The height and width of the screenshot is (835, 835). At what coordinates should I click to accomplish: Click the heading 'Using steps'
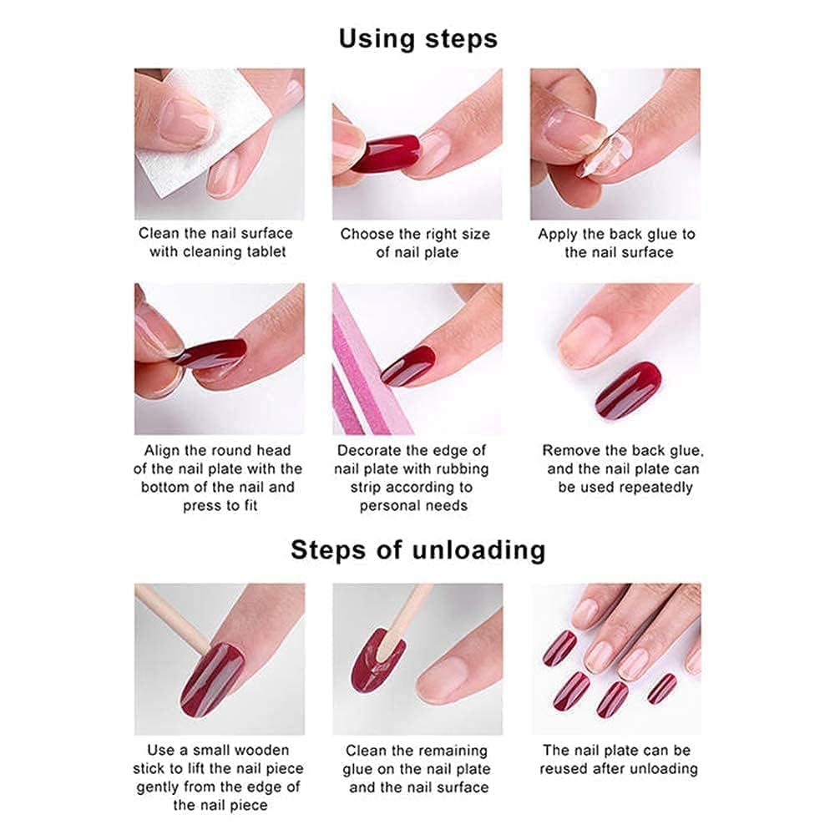click(x=417, y=38)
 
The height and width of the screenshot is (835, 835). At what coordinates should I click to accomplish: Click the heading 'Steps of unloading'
click(x=417, y=549)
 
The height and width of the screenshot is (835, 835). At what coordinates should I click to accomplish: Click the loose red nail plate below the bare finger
click(x=628, y=390)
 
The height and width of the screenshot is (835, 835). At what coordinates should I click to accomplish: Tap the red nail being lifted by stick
click(x=212, y=676)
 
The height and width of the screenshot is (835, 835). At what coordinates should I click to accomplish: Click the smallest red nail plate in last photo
click(x=663, y=688)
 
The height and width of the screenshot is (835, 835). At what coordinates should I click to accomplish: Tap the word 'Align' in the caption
click(x=164, y=451)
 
